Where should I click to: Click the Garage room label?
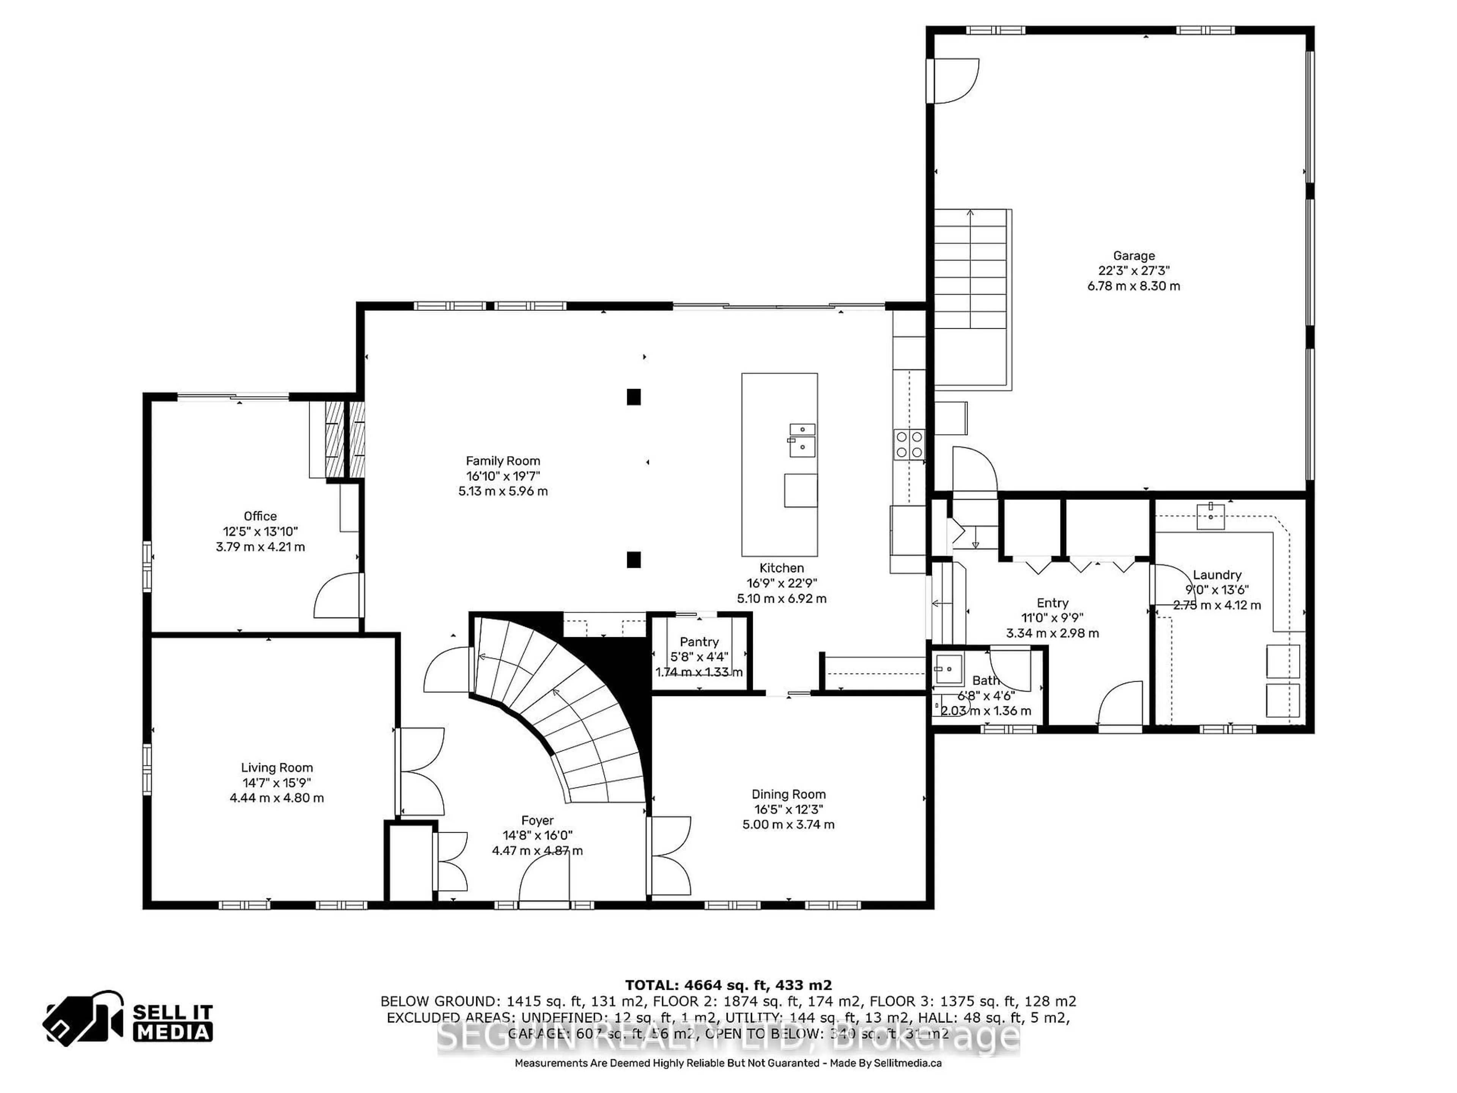(x=1134, y=256)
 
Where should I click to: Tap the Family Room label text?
(x=503, y=461)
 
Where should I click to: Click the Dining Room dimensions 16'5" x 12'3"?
(x=788, y=810)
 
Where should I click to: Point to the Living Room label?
(x=277, y=767)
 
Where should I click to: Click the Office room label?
(x=260, y=517)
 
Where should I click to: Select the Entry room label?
(x=1052, y=603)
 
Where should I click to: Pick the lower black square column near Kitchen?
(x=634, y=559)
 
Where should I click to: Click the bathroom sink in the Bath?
(x=948, y=669)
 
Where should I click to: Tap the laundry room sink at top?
(x=1211, y=516)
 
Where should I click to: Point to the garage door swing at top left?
(x=953, y=81)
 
